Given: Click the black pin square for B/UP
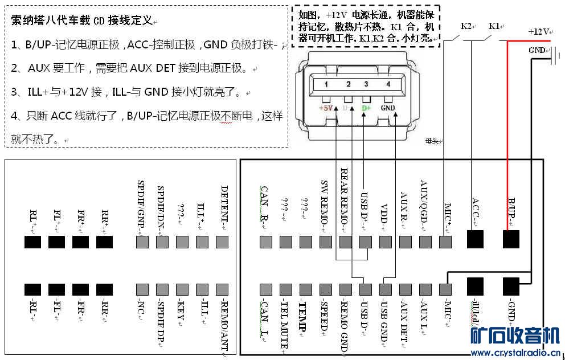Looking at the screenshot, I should [x=511, y=239].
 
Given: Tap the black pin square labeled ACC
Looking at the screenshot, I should [x=475, y=239].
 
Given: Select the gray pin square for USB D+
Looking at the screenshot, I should [x=366, y=243].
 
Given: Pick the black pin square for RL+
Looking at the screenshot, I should [x=33, y=243].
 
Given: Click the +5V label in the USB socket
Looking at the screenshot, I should [x=325, y=108].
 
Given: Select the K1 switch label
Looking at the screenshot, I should [x=494, y=26].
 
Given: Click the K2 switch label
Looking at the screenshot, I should [x=466, y=26].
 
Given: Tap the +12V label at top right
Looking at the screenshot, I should [x=538, y=32].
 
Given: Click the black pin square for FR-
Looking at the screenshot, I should [x=81, y=290].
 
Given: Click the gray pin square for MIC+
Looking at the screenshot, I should [x=446, y=243].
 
